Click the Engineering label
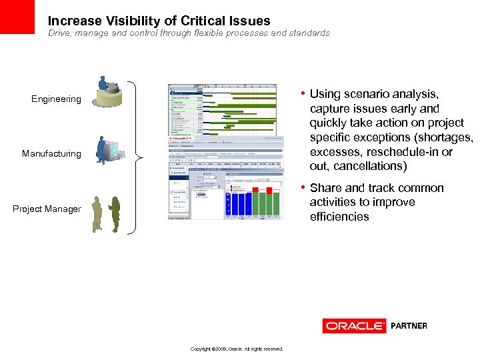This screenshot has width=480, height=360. pos(56,99)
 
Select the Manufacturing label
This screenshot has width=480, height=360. pos(51,154)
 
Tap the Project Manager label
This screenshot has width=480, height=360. pos(47,209)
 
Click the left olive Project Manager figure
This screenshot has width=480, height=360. pos(97,213)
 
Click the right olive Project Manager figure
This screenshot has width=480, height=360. pos(115,214)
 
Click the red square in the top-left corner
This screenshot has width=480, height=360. pos(17,17)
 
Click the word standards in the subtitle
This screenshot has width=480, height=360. pos(307,33)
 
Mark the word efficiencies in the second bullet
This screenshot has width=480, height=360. pos(339,217)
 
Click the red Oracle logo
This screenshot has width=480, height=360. pos(354,326)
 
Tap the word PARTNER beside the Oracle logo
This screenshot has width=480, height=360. pos(409,326)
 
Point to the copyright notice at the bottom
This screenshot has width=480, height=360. pos(236,349)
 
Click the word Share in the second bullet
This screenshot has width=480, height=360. pos(325,188)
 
